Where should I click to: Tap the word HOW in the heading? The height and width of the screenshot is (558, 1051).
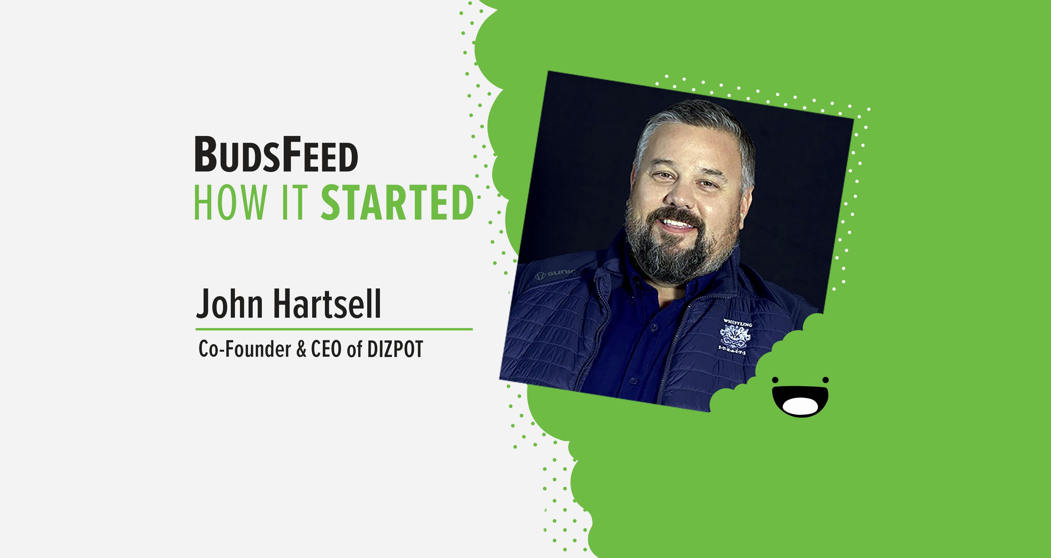click(x=230, y=202)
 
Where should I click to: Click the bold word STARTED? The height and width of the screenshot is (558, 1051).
click(x=397, y=202)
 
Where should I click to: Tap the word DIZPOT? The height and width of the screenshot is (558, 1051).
click(x=395, y=349)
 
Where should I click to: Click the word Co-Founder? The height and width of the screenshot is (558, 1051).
click(x=245, y=349)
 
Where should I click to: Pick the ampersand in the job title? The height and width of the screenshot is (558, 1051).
click(x=302, y=349)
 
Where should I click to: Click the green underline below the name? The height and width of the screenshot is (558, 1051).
click(x=334, y=329)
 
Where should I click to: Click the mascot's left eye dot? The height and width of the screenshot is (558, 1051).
click(x=775, y=380)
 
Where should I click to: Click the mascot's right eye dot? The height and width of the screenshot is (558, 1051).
click(x=825, y=380)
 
